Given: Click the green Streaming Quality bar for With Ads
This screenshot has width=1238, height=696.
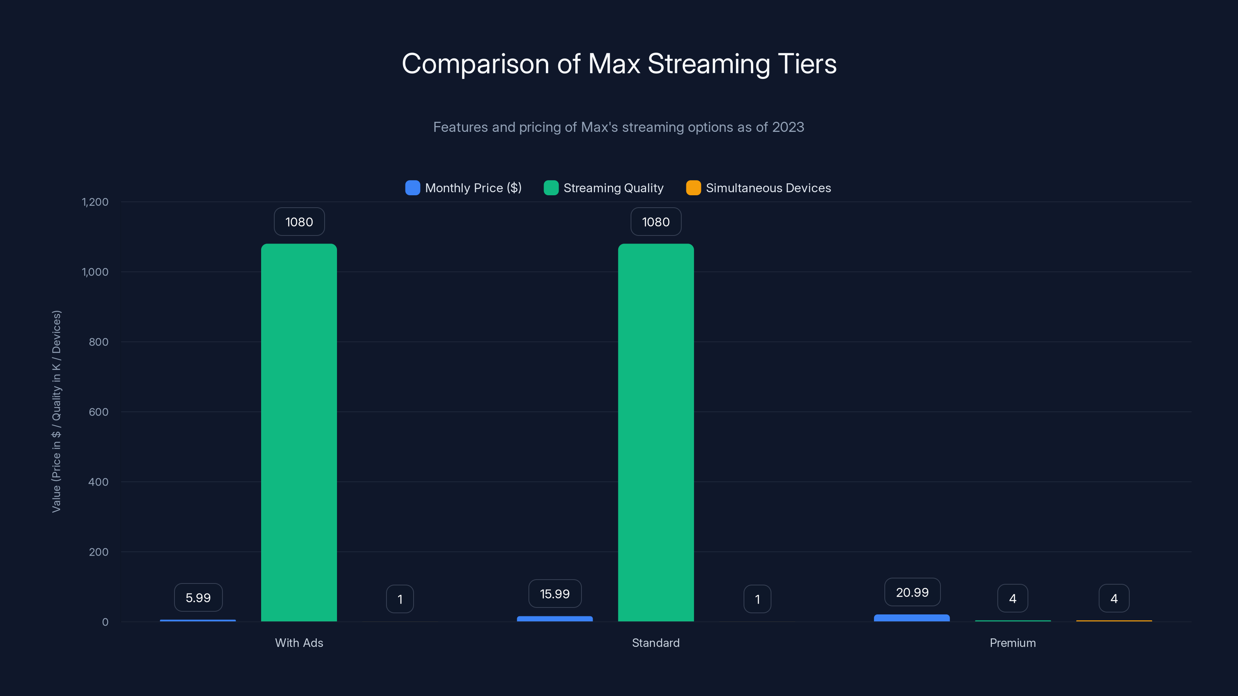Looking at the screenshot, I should click(299, 432).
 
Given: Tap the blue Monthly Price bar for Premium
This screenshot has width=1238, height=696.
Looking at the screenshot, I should click(912, 618).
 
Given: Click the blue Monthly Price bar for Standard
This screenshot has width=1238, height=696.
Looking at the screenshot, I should click(555, 619).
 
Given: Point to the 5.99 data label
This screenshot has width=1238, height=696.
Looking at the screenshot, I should click(198, 597).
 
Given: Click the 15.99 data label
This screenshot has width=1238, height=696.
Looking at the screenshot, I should click(555, 594).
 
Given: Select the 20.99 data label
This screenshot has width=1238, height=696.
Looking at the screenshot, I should click(912, 592).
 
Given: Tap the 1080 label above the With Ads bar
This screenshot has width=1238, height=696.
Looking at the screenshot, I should click(299, 222).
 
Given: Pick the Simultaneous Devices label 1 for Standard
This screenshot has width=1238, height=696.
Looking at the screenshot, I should click(757, 599).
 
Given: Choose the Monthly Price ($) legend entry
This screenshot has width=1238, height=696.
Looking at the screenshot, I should click(464, 188).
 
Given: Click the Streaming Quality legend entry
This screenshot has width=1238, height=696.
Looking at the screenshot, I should click(604, 188).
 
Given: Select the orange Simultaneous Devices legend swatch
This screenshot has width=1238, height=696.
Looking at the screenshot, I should click(693, 188).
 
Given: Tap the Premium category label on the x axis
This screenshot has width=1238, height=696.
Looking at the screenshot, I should click(1012, 643).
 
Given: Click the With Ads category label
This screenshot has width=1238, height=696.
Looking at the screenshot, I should click(299, 643).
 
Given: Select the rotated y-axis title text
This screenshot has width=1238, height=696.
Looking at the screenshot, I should click(56, 411).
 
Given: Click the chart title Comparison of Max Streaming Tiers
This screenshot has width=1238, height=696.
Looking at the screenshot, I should click(619, 63).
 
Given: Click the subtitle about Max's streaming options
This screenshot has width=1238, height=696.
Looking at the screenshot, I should click(619, 127).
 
